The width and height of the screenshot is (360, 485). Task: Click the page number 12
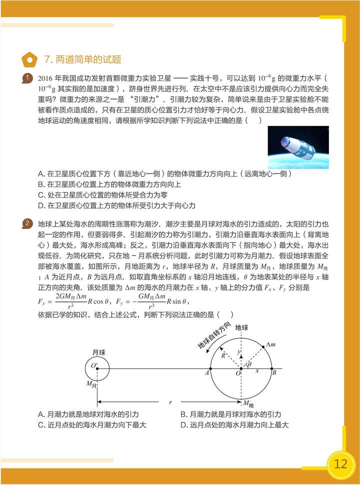341,463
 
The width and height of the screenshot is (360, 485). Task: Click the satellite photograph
298,148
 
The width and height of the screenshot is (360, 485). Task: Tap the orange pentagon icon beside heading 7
30,60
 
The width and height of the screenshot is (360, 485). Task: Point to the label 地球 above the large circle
241,327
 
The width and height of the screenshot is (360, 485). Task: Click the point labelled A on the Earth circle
210,369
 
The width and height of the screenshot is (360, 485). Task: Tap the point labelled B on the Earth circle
271,369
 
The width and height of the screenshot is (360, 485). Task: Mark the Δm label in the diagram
270,344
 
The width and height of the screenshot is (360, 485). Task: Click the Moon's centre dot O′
97,369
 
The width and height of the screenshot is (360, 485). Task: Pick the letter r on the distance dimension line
170,401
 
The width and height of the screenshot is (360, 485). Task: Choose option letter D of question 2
182,425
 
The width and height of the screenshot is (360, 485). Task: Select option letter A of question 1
40,174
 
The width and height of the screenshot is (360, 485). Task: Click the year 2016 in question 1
45,78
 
